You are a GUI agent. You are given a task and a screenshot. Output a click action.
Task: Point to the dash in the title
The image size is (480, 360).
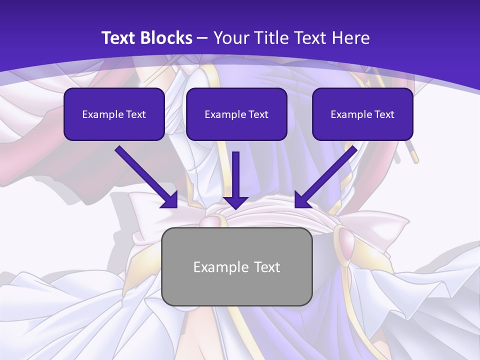point(202,38)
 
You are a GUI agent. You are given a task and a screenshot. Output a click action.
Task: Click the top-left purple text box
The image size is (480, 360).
point(114,114)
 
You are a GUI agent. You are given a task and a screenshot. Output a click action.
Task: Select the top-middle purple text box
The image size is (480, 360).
point(236,114)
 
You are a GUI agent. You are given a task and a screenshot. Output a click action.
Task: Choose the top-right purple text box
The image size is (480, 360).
point(362,114)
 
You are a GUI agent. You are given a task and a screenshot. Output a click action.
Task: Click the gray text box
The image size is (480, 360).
point(236,266)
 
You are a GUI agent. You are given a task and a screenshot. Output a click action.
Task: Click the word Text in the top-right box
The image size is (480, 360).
point(384,114)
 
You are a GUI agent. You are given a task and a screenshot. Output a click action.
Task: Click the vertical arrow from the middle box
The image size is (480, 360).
point(235,175)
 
